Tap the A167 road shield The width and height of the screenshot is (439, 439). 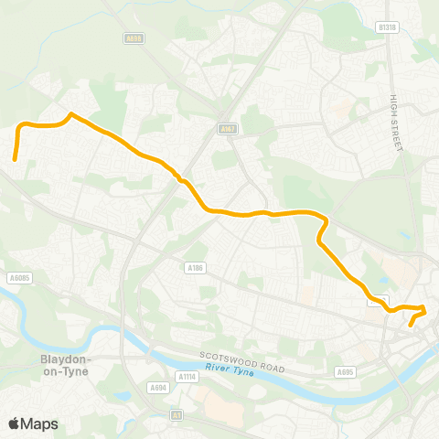[x=228, y=130]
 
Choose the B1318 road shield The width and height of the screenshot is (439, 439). [x=389, y=28]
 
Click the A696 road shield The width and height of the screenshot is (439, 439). [x=134, y=38]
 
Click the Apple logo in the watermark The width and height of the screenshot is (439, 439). [x=15, y=423]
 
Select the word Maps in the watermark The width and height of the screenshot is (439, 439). [x=40, y=423]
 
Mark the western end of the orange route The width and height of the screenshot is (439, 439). [x=15, y=160]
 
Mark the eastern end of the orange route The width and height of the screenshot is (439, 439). [x=411, y=325]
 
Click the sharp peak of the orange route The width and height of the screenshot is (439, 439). [x=70, y=114]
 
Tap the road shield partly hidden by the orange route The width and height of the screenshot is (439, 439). [x=379, y=299]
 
